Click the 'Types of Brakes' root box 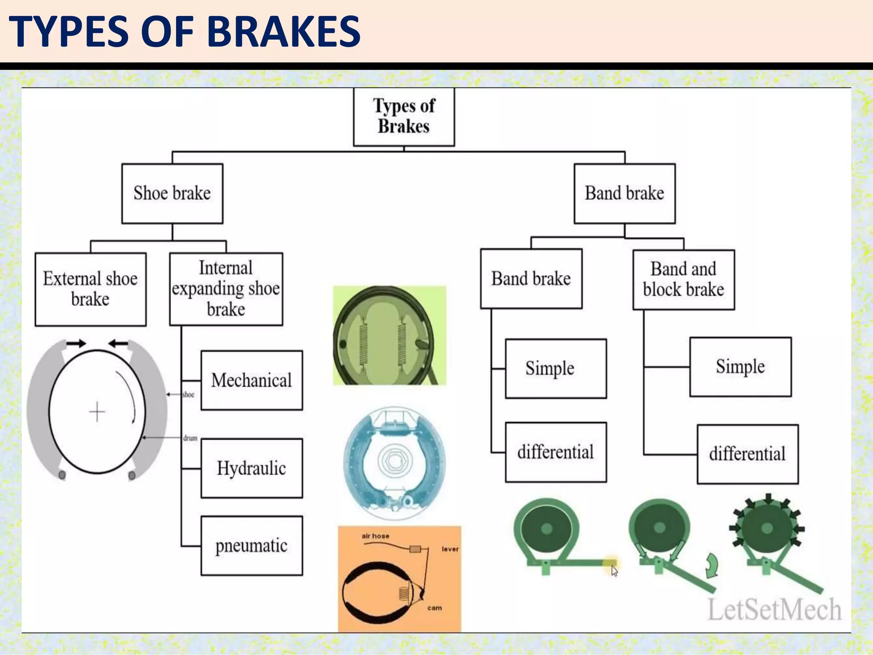(404, 117)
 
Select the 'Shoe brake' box (172, 194)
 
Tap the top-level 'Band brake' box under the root (624, 194)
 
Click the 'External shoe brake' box (90, 289)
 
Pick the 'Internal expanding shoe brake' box (226, 289)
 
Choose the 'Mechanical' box (251, 380)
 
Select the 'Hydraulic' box (251, 468)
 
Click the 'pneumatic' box (251, 546)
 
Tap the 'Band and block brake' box (683, 280)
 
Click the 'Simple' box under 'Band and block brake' (740, 367)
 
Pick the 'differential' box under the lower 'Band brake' (555, 452)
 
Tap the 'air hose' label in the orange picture (375, 536)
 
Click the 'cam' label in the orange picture (434, 608)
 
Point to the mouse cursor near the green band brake (614, 571)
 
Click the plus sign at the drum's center (97, 412)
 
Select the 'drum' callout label (190, 438)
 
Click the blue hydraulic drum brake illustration (394, 463)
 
